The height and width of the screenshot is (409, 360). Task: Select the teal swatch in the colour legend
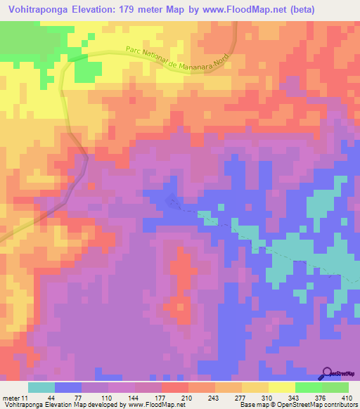[x=41, y=387]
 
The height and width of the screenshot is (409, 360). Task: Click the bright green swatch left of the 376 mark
[x=308, y=387]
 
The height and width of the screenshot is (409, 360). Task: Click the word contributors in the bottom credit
[x=337, y=405]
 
